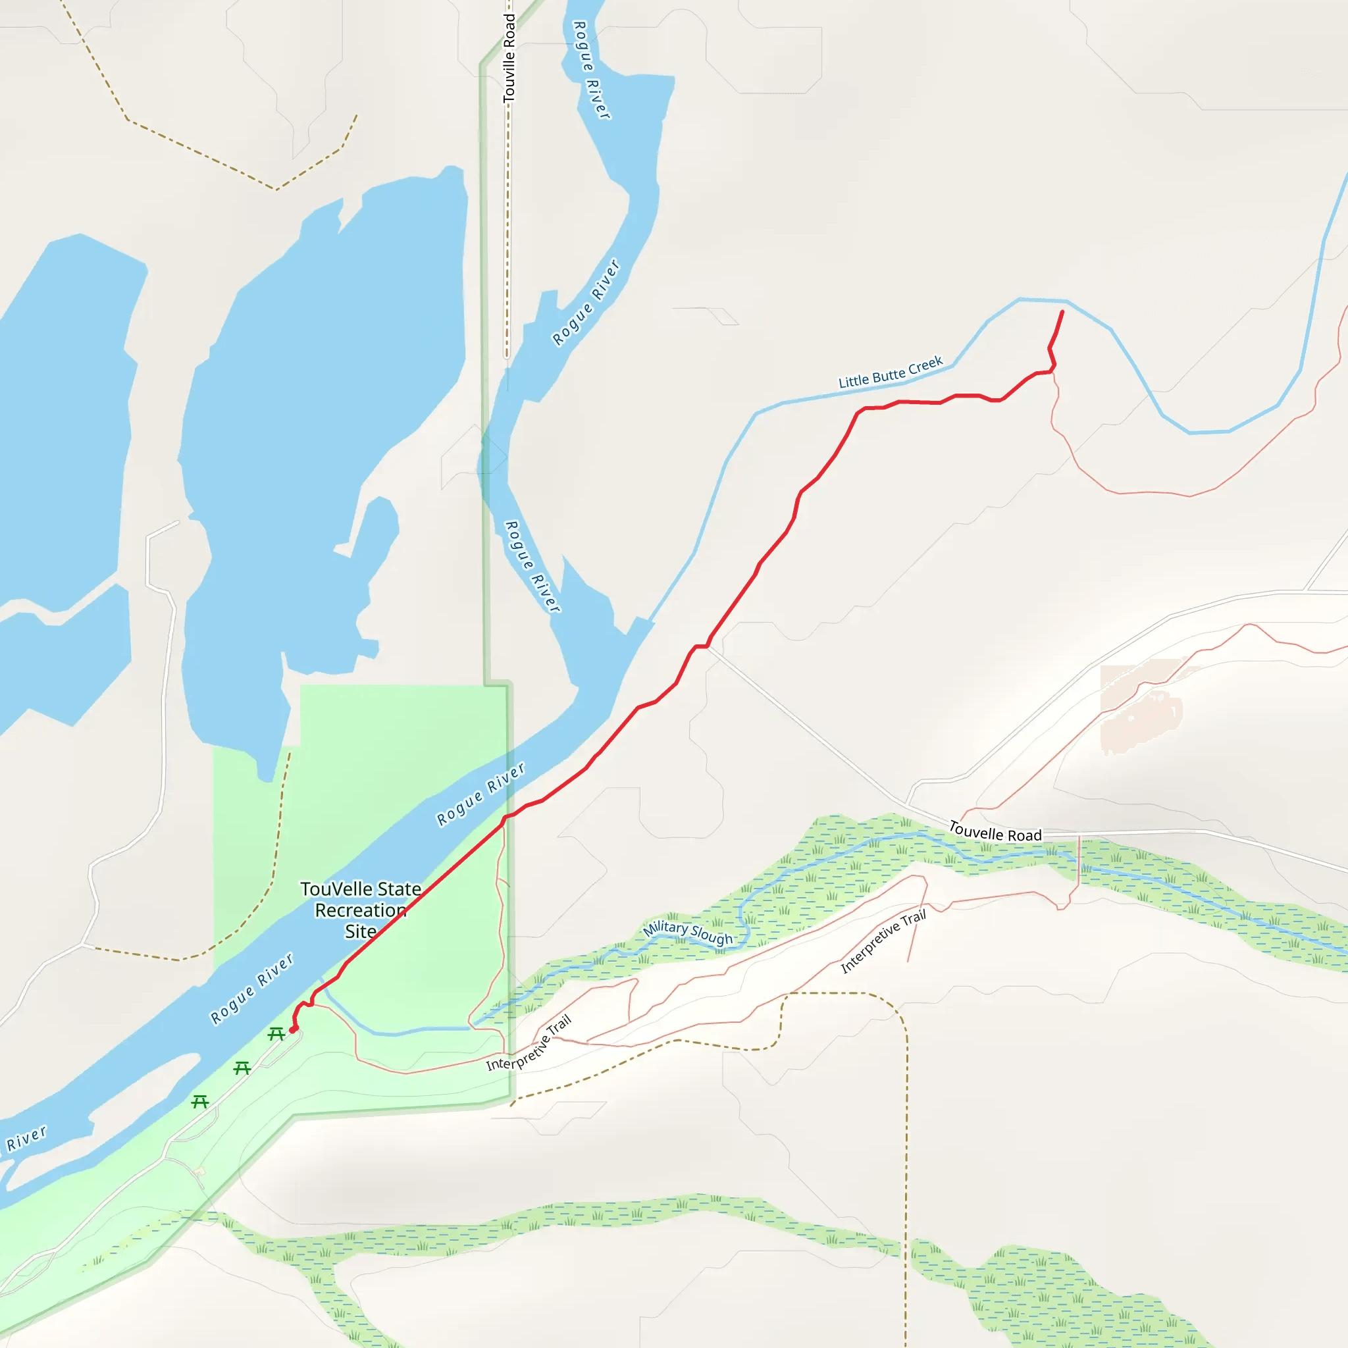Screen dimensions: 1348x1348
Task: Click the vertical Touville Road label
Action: (509, 59)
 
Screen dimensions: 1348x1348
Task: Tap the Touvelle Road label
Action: (995, 832)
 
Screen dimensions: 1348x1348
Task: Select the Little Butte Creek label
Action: (891, 373)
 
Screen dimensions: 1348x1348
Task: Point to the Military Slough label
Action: (687, 932)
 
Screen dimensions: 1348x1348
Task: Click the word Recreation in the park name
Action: (361, 910)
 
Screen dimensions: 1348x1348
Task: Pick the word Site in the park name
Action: (360, 931)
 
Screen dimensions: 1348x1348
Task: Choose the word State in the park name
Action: (399, 889)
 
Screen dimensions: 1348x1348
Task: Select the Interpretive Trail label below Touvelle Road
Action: (883, 941)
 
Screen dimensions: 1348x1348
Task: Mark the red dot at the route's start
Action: (293, 1029)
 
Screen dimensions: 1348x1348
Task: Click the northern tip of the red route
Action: (1062, 312)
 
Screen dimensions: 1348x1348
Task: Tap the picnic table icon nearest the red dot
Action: (276, 1034)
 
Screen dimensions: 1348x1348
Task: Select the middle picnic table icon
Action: (242, 1068)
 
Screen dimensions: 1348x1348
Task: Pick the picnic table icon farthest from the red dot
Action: (200, 1102)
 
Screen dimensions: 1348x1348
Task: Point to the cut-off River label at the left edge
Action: (26, 1138)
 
